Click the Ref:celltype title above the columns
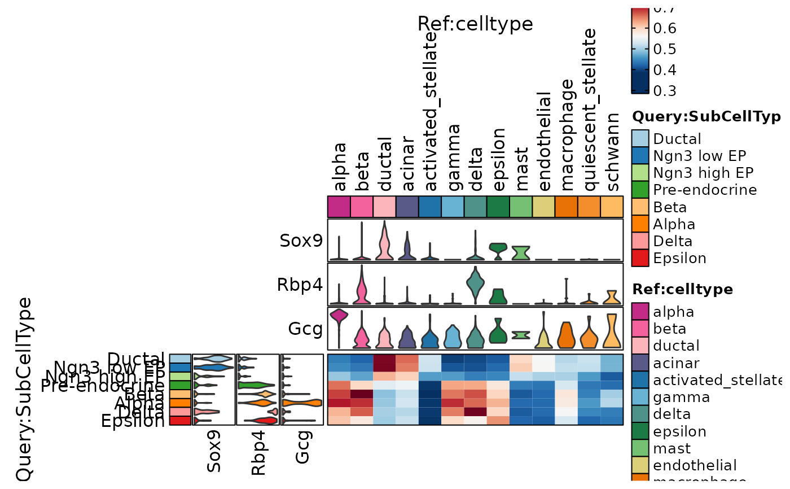(475, 24)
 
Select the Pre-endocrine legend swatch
(642, 190)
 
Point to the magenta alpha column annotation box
(339, 206)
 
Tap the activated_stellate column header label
(430, 113)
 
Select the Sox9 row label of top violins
(301, 241)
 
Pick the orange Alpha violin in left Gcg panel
(302, 403)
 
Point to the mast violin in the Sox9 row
(521, 252)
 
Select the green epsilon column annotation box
(498, 206)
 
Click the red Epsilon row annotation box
(180, 420)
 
